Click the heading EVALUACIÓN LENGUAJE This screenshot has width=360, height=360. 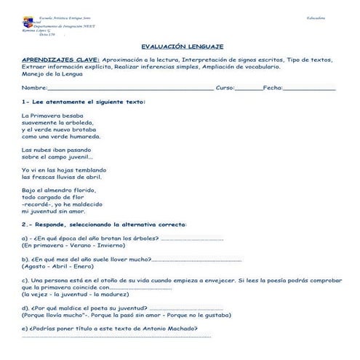coord(182,45)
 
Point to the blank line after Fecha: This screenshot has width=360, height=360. coord(309,88)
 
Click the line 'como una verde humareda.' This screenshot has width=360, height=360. coord(61,135)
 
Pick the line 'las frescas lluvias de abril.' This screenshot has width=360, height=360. coord(62,176)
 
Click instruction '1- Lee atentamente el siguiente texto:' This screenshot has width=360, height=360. coord(83,101)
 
